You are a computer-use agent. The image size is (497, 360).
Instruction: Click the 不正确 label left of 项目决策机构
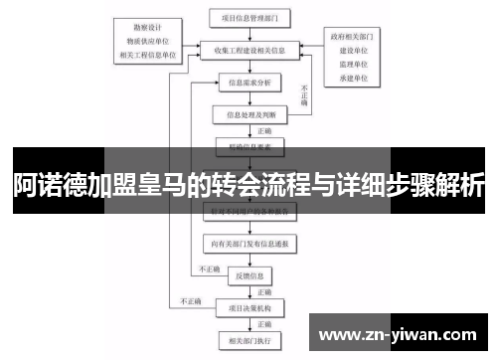(189, 298)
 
